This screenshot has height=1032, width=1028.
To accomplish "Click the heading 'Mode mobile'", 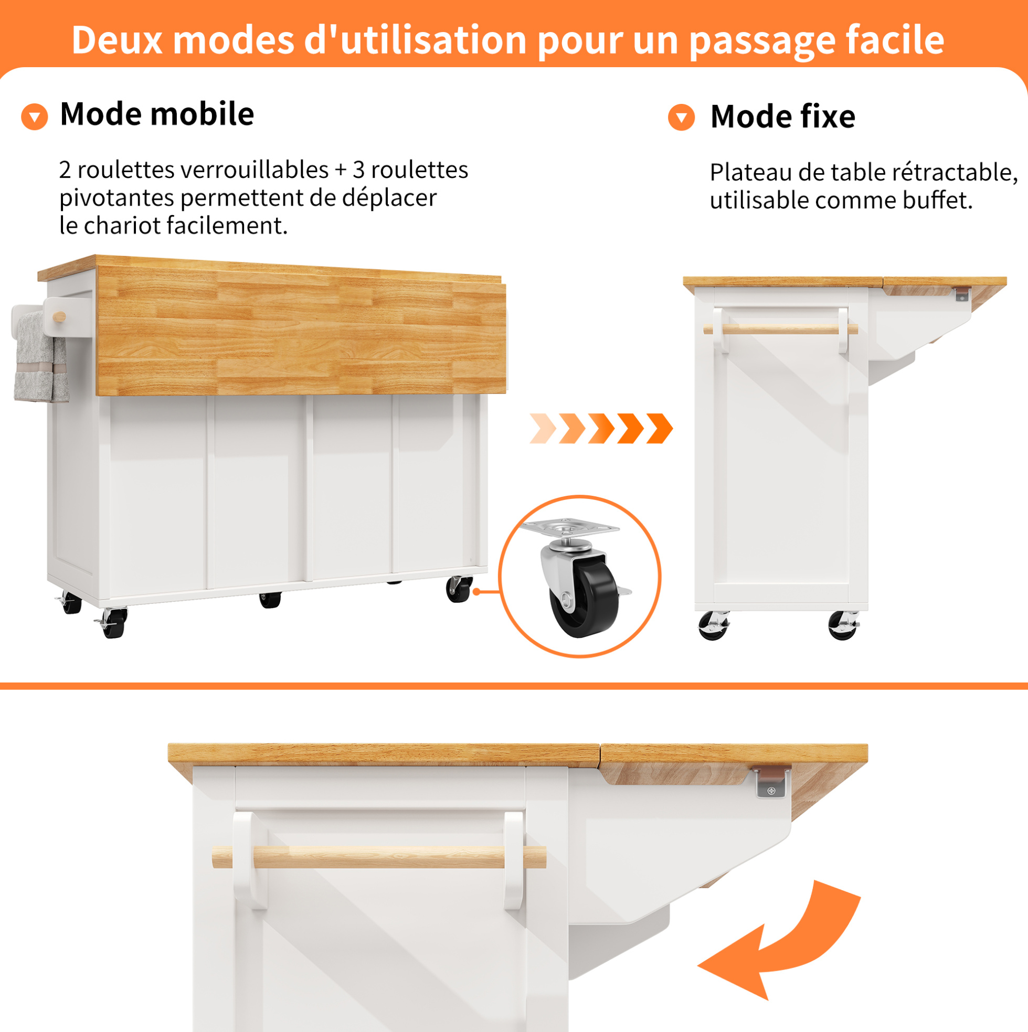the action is (157, 114).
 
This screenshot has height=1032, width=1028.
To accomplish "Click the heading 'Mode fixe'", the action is (783, 116).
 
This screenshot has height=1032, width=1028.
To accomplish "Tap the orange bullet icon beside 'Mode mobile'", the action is (34, 116).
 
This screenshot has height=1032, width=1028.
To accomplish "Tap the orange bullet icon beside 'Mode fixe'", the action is (681, 117).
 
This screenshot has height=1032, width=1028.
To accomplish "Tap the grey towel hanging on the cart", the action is (40, 357).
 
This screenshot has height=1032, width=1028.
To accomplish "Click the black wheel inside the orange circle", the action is (584, 597).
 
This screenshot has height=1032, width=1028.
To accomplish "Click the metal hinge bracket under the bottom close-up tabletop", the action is (770, 783).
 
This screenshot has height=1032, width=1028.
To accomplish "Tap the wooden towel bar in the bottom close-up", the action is (379, 857).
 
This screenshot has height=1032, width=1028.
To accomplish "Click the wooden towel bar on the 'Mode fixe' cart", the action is (781, 329).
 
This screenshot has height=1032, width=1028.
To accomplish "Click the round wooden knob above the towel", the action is (59, 317).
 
